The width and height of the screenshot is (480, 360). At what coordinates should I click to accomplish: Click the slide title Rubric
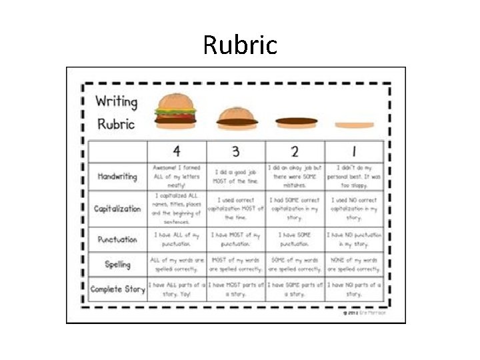[239, 45]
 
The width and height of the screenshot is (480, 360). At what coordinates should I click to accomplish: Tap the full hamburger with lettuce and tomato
[176, 110]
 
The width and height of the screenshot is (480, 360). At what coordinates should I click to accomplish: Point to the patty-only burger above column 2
[296, 121]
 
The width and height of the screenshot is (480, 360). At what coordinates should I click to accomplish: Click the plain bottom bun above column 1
[354, 125]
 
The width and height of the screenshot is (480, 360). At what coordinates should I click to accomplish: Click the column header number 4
[177, 151]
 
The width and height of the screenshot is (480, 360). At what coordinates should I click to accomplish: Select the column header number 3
[236, 151]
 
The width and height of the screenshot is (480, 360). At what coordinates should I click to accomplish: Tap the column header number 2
[295, 151]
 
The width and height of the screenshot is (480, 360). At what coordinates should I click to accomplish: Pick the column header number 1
[354, 151]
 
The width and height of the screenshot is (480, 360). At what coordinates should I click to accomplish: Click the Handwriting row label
[117, 177]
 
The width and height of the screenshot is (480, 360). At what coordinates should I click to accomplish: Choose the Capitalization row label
[117, 209]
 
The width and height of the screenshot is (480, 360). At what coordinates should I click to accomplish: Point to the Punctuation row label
[117, 239]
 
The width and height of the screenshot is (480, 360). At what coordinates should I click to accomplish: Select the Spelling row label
[117, 265]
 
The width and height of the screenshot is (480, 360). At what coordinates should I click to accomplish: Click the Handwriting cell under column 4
[177, 176]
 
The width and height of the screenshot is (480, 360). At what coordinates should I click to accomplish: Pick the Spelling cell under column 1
[354, 265]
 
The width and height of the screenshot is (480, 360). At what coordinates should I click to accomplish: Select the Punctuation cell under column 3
[236, 239]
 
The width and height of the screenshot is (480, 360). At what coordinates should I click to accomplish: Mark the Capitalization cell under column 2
[295, 209]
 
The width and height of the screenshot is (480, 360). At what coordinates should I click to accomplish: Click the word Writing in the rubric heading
[116, 102]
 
